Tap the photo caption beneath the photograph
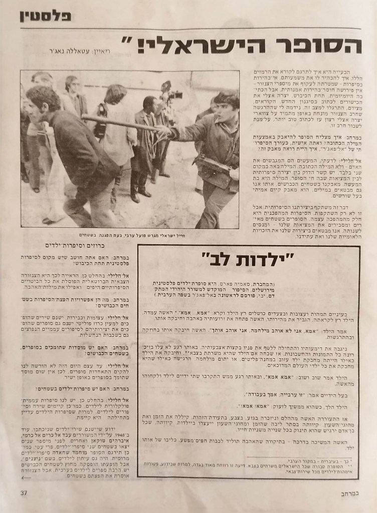pyautogui.click(x=130, y=235)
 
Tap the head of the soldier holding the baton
pyautogui.click(x=226, y=105)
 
